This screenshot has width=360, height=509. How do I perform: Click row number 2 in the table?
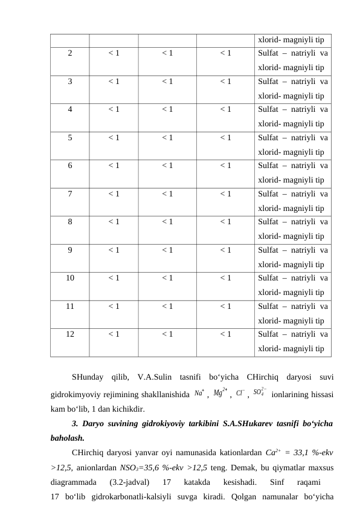(x=70, y=53)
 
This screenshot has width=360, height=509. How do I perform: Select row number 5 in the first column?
(x=70, y=137)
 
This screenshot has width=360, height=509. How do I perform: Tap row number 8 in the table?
(x=70, y=222)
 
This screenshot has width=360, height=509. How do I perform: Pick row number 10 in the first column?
(x=70, y=278)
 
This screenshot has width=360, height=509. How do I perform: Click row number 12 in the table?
(x=70, y=334)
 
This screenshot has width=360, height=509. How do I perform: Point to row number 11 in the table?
(x=70, y=306)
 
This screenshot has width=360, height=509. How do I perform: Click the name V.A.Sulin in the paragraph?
(x=158, y=379)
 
